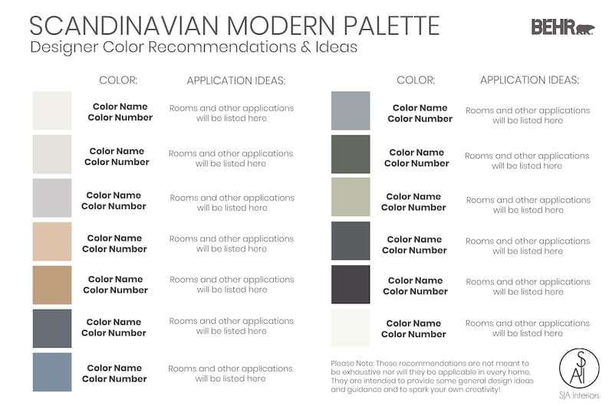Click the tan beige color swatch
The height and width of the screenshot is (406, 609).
[x=52, y=285]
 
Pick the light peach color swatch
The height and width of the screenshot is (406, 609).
[x=52, y=242]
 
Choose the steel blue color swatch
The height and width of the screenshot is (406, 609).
[x=52, y=372]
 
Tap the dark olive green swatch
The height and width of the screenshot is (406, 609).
[x=351, y=154]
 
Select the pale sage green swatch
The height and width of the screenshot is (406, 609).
[x=351, y=197]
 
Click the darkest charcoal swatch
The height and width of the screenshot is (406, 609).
[x=351, y=284]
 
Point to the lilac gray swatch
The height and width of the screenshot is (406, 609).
[x=52, y=198]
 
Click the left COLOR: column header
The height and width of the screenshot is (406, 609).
[x=118, y=80]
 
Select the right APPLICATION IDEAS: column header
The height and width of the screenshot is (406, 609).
[x=529, y=80]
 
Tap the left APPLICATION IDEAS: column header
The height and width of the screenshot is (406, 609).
[x=235, y=80]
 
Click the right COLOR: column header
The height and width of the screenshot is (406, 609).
[x=416, y=80]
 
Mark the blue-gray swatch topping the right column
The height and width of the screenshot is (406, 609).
[x=351, y=110]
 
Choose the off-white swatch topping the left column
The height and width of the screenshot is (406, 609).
[x=52, y=110]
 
